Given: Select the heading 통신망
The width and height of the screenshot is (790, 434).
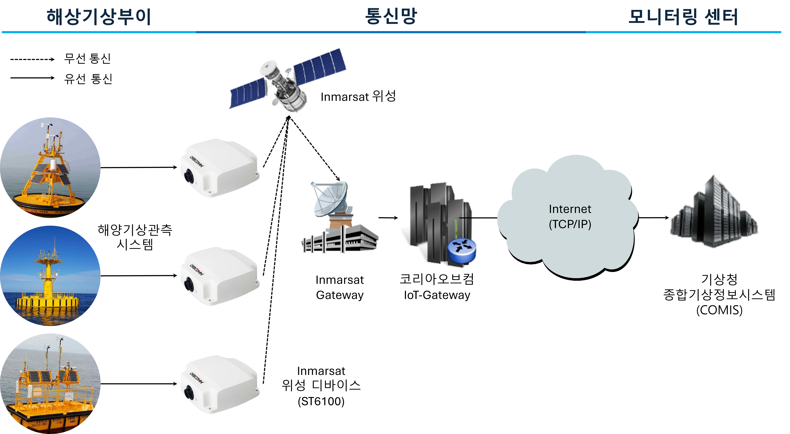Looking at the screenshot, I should click(x=391, y=16).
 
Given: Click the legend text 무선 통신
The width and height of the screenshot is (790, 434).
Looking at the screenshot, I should click(x=87, y=58).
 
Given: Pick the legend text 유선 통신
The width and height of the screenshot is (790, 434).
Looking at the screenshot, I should click(x=88, y=79).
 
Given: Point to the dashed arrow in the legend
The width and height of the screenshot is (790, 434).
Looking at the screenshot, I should click(x=32, y=59).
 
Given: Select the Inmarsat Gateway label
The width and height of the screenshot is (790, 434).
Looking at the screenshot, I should click(x=339, y=288).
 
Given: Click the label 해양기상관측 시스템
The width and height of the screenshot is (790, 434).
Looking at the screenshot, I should click(x=135, y=237).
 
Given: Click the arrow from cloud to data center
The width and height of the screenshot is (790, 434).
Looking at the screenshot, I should click(x=653, y=218).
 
